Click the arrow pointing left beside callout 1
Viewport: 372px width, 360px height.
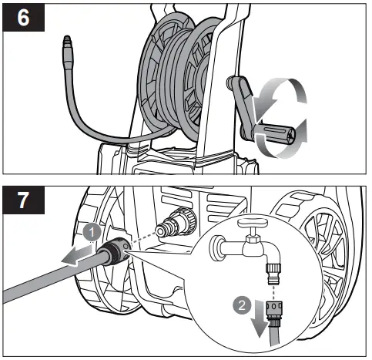(74, 257)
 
